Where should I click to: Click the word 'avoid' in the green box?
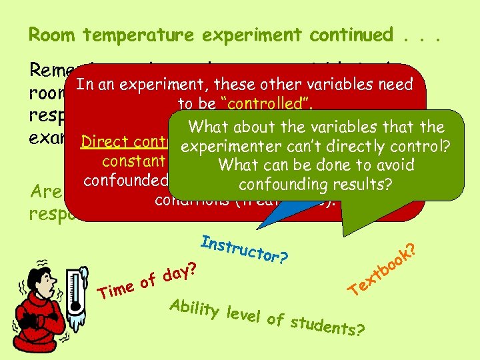(x=390, y=164)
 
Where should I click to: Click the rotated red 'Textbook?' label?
(x=384, y=270)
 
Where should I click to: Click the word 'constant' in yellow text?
(x=133, y=161)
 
